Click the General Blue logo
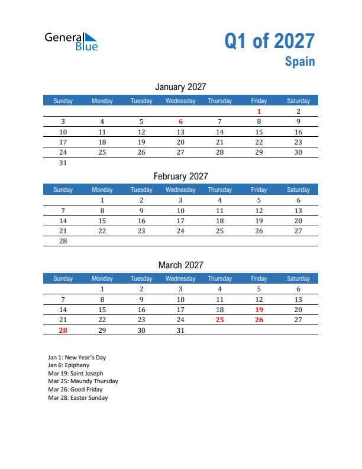(x=71, y=41)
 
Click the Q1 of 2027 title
(x=269, y=41)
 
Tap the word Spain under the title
(x=300, y=62)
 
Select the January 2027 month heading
(x=180, y=87)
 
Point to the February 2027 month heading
(x=180, y=176)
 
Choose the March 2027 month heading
(x=180, y=265)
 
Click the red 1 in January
(x=259, y=111)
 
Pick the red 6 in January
(x=180, y=121)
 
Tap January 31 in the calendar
(x=63, y=163)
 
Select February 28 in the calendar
(x=63, y=241)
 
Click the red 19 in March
(x=259, y=310)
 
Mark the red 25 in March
(x=219, y=320)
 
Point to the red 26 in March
(x=259, y=320)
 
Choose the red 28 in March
(x=63, y=330)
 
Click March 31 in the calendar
(x=180, y=330)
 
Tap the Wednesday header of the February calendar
(x=180, y=189)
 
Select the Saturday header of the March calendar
(x=298, y=278)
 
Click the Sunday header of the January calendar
(x=63, y=101)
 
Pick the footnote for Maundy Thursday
(x=83, y=381)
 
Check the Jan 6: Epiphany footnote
(x=74, y=365)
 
